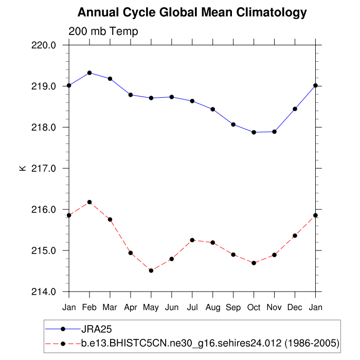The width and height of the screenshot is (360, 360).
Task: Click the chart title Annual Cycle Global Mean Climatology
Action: click(192, 12)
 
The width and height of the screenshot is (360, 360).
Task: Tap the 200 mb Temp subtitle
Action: click(103, 32)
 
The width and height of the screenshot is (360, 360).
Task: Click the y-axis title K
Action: click(23, 168)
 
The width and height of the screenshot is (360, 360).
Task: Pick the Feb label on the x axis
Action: click(89, 307)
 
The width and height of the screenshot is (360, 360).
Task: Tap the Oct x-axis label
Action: click(254, 307)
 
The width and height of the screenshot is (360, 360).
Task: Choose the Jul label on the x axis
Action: click(192, 307)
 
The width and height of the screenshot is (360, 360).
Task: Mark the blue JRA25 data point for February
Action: click(89, 73)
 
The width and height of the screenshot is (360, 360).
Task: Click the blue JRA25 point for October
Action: click(254, 132)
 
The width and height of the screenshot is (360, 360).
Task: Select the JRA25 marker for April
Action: click(131, 95)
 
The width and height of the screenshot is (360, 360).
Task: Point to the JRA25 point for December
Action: click(295, 109)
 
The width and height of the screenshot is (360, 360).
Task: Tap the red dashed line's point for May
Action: click(151, 271)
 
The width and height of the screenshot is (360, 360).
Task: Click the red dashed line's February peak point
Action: click(89, 202)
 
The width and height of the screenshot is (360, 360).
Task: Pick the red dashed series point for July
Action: click(192, 240)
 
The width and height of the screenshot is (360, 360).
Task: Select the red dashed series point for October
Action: click(254, 263)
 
